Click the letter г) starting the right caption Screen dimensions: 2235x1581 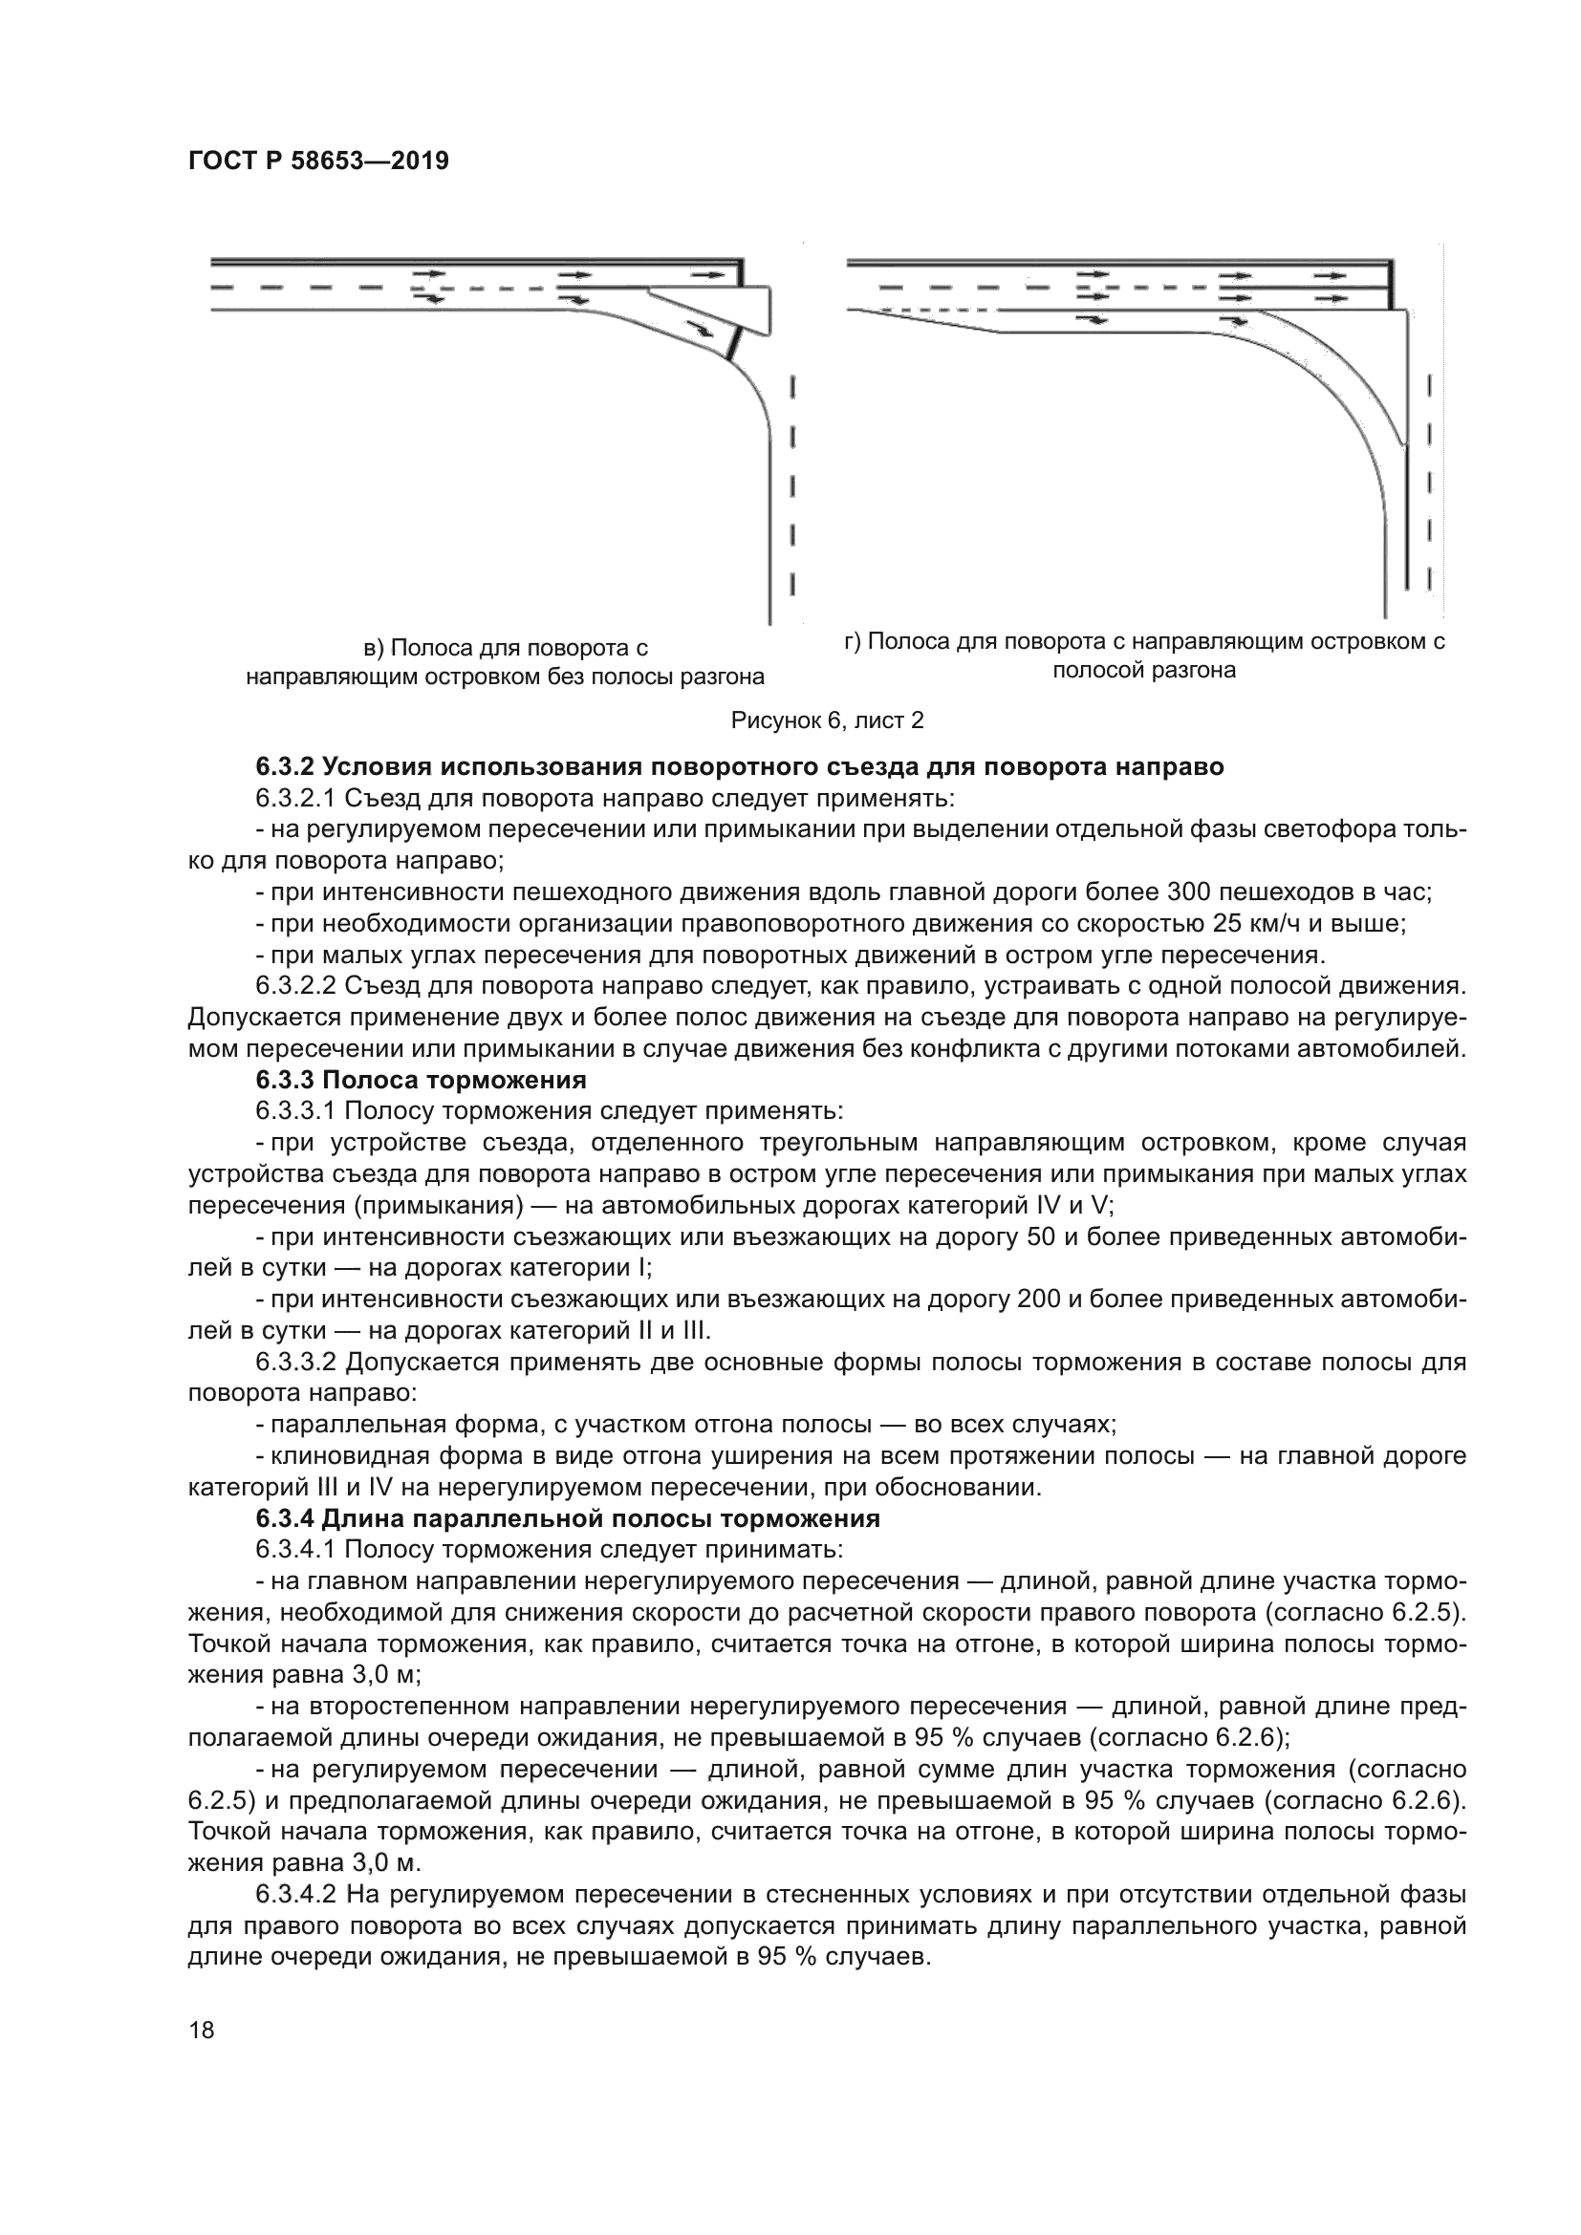(x=854, y=641)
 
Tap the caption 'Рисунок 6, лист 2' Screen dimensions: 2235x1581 (x=827, y=720)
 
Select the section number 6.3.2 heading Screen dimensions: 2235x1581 (x=285, y=767)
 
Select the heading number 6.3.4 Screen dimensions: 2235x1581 (x=285, y=1518)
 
